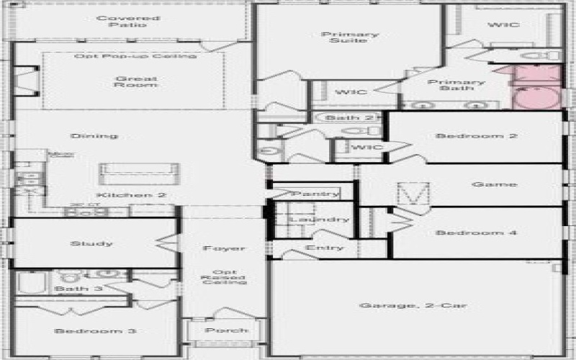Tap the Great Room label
coord(135,81)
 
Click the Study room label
coord(92,243)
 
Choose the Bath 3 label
coord(73,289)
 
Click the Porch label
coord(226,330)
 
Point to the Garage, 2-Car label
coord(413,305)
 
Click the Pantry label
coord(315,194)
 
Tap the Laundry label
coord(320,219)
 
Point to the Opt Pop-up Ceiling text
coord(135,56)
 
